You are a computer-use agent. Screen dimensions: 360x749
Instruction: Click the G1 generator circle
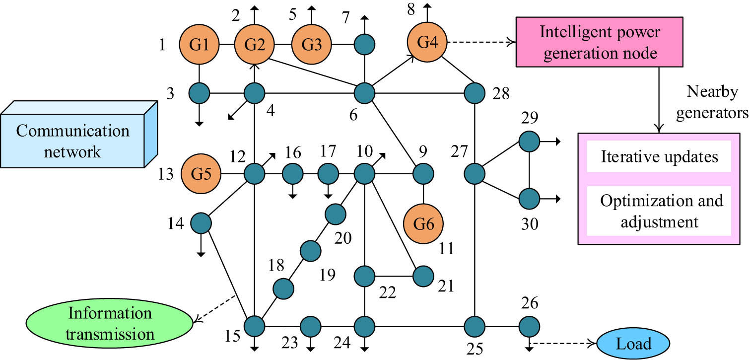coord(199,44)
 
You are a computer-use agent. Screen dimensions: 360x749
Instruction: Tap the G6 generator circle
coord(423,223)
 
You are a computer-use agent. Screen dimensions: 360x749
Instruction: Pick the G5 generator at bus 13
coord(200,174)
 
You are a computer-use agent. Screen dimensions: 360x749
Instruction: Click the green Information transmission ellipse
coord(110,323)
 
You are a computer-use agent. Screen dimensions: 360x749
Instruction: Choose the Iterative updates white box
coord(659,156)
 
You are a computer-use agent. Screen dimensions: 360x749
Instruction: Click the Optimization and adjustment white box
coord(659,211)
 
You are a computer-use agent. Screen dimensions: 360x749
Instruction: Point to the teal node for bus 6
coord(365,92)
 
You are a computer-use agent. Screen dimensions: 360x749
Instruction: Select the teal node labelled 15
coord(255,326)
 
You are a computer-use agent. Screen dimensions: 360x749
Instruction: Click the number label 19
coord(328,274)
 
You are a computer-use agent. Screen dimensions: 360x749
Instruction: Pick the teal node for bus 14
coord(201,223)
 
